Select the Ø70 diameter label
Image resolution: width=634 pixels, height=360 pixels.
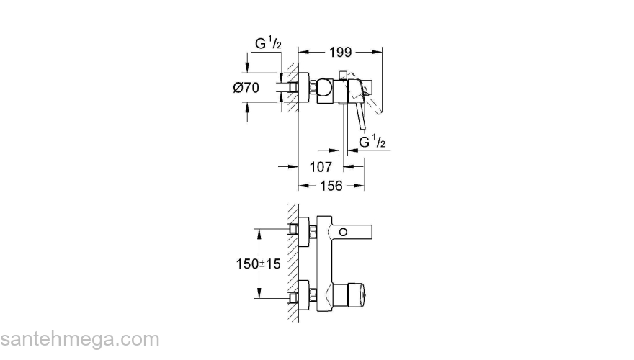(246, 88)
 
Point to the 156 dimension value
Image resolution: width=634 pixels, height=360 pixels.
(331, 185)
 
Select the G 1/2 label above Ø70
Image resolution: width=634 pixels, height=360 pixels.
(268, 44)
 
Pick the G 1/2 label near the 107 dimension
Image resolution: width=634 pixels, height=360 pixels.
(372, 141)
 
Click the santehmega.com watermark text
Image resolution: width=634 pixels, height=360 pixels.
(80, 339)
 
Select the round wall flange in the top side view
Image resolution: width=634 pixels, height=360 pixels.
(303, 88)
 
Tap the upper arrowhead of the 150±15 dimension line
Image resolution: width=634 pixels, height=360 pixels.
(257, 233)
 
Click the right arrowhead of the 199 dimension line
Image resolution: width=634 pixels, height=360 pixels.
(378, 51)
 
